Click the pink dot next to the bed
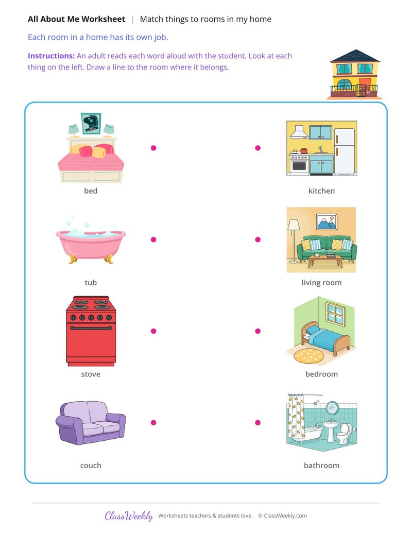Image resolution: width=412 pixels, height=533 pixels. coord(153,148)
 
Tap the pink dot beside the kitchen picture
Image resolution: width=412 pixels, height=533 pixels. coord(257,148)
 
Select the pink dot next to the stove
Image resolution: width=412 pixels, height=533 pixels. coord(153,331)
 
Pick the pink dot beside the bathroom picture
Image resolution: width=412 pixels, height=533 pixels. coord(257,422)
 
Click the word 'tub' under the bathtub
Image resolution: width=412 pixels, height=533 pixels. coord(91,283)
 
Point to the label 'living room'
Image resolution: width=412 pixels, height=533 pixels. coord(321,283)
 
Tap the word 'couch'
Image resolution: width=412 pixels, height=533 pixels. coord(91,466)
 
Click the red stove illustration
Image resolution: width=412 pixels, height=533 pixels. coord(91,331)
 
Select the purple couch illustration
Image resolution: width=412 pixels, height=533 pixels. coord(91,423)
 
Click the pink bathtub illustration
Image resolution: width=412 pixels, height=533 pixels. coord(91,244)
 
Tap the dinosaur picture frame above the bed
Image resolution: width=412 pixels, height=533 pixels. coord(91,124)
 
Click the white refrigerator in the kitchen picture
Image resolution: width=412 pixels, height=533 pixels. coord(345,151)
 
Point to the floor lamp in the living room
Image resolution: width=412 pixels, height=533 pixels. coord(294,241)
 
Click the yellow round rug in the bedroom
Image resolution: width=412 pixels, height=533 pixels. coord(308,355)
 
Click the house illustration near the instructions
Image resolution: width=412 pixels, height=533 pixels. coord(354,74)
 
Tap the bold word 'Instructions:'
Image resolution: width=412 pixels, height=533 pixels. coord(51,56)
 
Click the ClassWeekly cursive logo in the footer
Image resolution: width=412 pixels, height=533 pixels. coord(129,515)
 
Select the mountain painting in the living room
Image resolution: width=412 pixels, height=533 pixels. coord(327,221)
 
